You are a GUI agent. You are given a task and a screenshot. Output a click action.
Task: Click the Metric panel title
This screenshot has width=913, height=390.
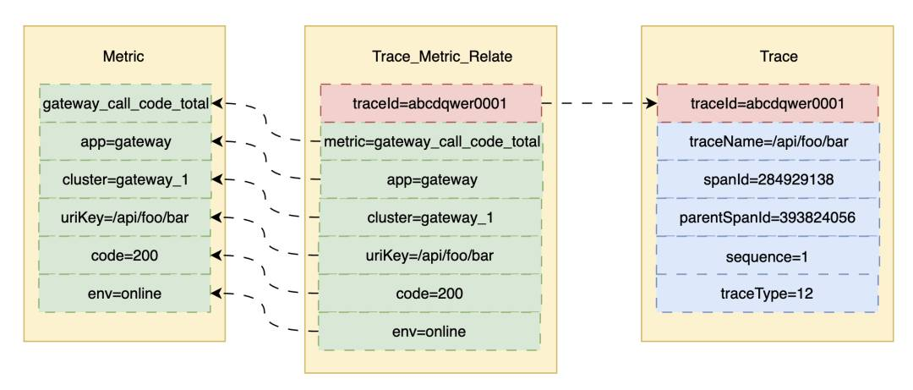(x=123, y=57)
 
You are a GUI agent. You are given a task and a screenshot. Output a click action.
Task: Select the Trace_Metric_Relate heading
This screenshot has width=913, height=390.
(x=442, y=57)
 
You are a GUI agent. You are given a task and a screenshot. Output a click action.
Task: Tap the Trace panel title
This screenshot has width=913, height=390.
(x=779, y=57)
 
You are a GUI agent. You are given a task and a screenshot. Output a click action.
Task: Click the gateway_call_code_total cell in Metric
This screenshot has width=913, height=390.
(x=125, y=104)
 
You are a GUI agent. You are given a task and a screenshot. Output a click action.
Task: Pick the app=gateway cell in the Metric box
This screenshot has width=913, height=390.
(x=125, y=141)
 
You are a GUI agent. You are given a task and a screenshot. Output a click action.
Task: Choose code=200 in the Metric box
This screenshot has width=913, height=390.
(x=125, y=255)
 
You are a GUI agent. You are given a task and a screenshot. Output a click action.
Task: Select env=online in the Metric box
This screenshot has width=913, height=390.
(x=125, y=294)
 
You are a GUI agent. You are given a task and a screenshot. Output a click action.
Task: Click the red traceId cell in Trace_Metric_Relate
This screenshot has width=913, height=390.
(x=431, y=104)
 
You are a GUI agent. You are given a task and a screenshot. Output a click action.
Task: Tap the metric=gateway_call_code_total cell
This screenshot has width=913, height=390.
(x=431, y=141)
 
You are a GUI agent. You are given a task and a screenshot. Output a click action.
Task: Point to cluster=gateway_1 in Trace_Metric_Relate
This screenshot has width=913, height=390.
(x=431, y=217)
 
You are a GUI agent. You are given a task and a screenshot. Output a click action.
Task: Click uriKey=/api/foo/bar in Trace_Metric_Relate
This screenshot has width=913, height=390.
(x=431, y=255)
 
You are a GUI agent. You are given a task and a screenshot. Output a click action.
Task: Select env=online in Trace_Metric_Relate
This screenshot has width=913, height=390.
(x=431, y=331)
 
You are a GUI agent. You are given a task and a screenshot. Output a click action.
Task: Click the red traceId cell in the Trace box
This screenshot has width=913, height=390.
(x=768, y=104)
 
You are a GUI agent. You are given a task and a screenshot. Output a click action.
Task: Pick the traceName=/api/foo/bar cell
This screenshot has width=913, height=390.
(x=768, y=141)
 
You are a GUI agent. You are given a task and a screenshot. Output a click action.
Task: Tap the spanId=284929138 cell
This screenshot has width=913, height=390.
(x=768, y=179)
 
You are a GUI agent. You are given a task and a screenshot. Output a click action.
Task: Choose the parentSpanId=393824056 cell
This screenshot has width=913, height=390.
(x=768, y=217)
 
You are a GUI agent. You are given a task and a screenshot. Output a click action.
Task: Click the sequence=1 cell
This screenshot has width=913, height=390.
(x=768, y=255)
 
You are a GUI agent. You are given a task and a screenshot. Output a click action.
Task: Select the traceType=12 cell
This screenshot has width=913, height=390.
(x=768, y=294)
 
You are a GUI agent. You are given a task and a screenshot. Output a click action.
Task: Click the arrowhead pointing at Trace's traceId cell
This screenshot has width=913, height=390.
(x=650, y=104)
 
